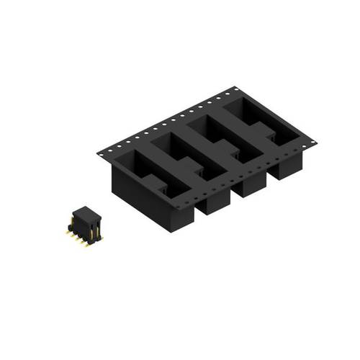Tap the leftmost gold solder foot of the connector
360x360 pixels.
click(68, 232)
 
